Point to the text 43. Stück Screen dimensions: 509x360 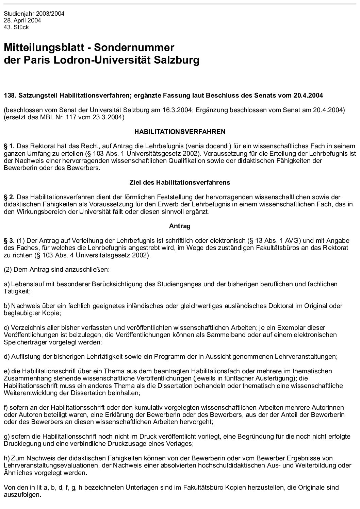(16, 27)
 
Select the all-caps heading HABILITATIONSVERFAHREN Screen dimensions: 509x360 (180, 131)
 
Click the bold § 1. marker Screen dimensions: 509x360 (9, 146)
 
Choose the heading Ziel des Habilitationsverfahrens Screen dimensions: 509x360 (180, 183)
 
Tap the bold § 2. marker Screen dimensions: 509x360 (9, 197)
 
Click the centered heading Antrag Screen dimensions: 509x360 (180, 226)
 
